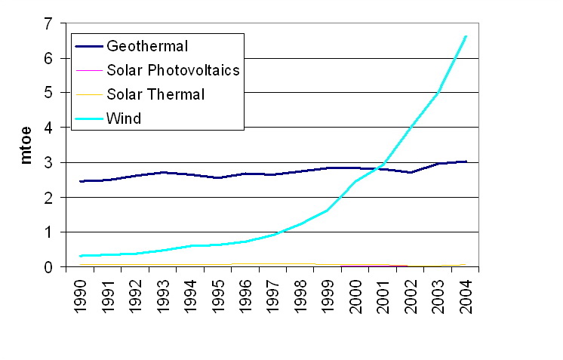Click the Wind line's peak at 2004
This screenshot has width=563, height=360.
click(x=467, y=35)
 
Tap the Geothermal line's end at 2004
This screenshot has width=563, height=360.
click(x=467, y=162)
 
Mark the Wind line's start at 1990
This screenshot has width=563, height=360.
click(x=81, y=256)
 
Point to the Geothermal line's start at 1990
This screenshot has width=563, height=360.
click(x=81, y=181)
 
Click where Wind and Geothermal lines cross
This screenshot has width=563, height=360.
click(x=382, y=168)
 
